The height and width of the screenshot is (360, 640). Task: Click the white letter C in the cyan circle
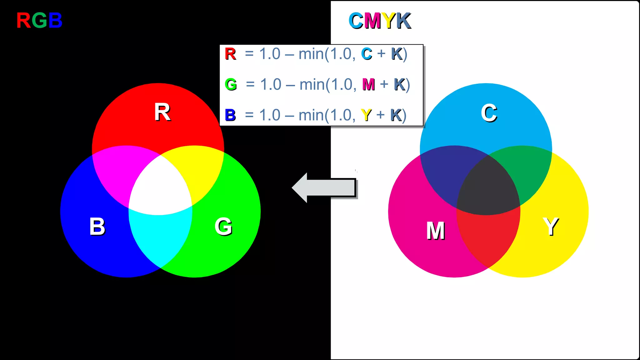coord(489,113)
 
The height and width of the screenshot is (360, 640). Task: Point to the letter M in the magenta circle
coord(436,231)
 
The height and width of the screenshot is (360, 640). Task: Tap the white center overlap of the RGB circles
coord(160,187)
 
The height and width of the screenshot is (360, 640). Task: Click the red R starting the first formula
coord(230,54)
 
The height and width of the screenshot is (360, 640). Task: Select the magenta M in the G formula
coord(368,84)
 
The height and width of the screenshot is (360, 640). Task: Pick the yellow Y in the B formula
coord(366,115)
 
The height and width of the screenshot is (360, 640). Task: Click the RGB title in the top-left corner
coord(39,21)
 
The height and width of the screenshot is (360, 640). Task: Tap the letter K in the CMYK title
coord(403,21)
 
